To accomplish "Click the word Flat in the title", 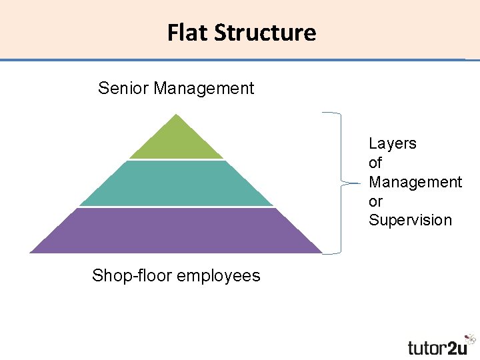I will [x=188, y=32].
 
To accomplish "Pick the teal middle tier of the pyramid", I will [x=176, y=183].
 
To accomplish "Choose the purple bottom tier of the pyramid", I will [x=176, y=231].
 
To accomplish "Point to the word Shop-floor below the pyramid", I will [x=128, y=275].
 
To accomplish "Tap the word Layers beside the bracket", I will [x=393, y=143].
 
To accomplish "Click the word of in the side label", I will [x=375, y=163].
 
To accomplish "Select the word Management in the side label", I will [x=415, y=182].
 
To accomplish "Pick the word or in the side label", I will [x=375, y=201].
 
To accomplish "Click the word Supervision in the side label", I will [x=411, y=221].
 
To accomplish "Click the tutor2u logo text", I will [x=437, y=347].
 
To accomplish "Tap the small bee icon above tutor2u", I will [x=471, y=339].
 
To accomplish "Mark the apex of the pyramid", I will [x=176, y=115].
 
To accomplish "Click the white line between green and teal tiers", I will [x=176, y=160].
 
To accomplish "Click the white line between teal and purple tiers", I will [x=176, y=207].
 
